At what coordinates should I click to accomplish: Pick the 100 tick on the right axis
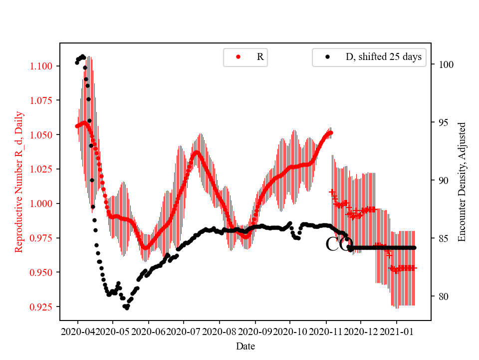tap(445, 64)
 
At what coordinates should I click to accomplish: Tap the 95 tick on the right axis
tap(443, 122)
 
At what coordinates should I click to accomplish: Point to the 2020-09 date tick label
tap(255, 331)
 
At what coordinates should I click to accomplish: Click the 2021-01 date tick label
tap(397, 331)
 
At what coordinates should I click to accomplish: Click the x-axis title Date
tap(245, 345)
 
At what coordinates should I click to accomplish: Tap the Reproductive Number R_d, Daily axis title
tap(19, 181)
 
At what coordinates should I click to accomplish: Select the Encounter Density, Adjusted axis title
tap(462, 181)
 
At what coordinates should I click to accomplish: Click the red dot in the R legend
tap(238, 57)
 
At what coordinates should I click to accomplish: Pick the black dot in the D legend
tap(327, 57)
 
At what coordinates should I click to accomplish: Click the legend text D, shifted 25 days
tap(383, 57)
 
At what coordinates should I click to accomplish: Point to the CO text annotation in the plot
tap(339, 244)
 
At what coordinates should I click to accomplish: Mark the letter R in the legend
tap(260, 57)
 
